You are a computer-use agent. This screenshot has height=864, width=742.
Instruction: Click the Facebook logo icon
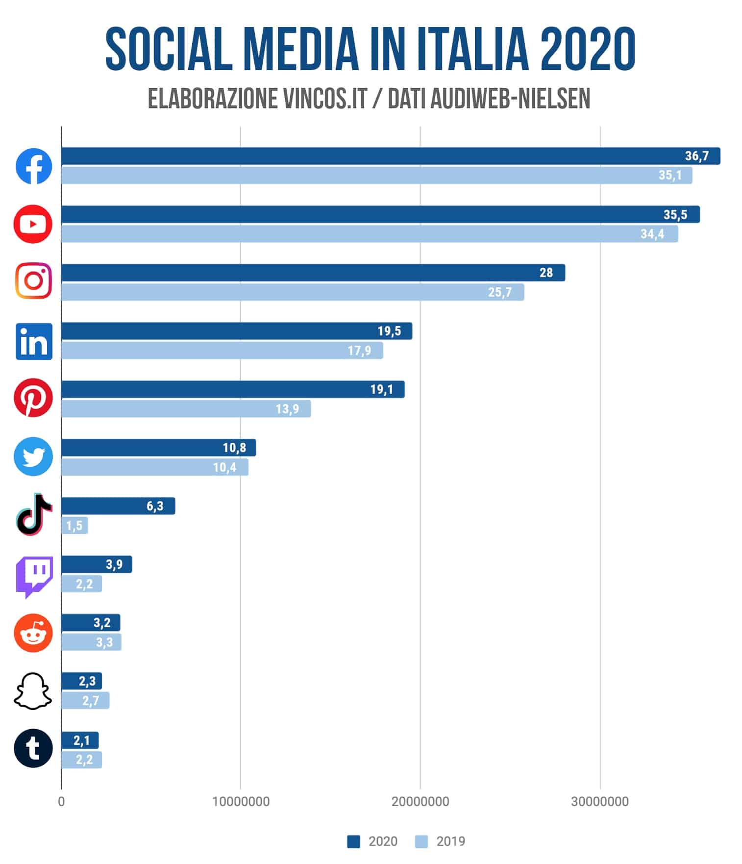[34, 166]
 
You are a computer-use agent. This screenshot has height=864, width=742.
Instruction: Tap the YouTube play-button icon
[33, 225]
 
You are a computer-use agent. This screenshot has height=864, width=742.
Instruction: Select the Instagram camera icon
[33, 281]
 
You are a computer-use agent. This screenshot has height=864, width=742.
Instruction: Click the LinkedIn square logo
[34, 341]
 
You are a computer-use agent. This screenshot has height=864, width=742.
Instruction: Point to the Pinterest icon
[33, 398]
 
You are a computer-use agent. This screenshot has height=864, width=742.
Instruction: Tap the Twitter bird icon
[33, 457]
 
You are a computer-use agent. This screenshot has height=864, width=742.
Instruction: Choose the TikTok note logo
[34, 514]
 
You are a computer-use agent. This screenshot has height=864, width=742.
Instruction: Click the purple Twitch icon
[34, 576]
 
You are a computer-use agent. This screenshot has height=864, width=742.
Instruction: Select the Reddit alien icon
[33, 633]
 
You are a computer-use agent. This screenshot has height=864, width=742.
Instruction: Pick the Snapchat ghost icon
[33, 691]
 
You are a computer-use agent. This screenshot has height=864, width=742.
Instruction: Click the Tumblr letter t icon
[33, 748]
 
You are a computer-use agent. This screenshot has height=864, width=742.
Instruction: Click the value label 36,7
[696, 156]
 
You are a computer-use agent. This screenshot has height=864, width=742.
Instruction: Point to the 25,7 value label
[499, 293]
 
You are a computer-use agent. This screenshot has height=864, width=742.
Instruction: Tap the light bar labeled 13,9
[186, 409]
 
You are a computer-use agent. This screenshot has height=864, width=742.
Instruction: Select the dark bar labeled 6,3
[118, 506]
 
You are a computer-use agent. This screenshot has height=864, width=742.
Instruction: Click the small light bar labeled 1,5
[74, 526]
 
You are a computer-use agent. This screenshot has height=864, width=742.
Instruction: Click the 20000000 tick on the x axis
[420, 802]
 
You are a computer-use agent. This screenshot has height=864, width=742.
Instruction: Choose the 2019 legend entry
[440, 841]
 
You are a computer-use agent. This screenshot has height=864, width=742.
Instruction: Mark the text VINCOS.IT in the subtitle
[325, 100]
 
